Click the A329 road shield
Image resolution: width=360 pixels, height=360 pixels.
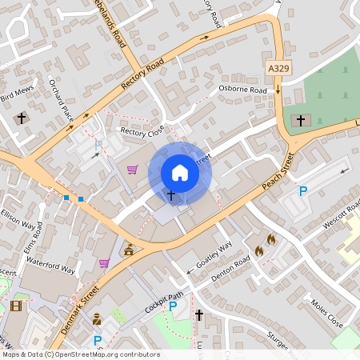[x=278, y=70]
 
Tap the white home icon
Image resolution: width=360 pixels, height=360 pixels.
[x=180, y=173]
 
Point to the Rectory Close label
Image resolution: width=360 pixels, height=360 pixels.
[x=142, y=130]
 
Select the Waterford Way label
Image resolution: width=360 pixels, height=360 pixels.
[x=50, y=265]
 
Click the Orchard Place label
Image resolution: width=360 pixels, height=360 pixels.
[x=61, y=102]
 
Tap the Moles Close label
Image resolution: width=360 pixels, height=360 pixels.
[x=326, y=314]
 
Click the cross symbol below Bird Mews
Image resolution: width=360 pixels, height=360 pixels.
[x=21, y=119]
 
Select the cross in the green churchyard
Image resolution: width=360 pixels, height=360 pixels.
[x=301, y=121]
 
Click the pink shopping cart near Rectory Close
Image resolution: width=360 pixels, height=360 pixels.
[x=132, y=169]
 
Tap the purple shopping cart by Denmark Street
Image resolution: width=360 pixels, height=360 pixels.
[x=103, y=262]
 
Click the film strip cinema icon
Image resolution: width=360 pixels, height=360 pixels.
[x=17, y=305]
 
